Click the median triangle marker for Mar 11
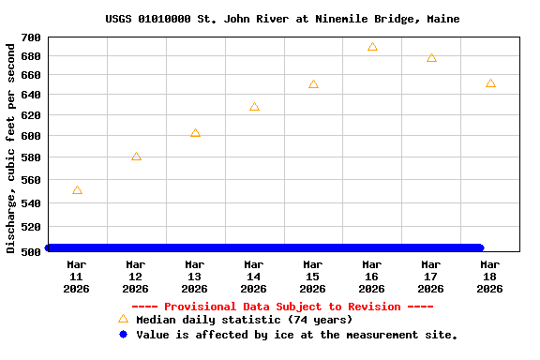[77, 190]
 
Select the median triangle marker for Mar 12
[136, 157]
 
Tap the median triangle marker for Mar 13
[195, 133]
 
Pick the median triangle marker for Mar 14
[254, 107]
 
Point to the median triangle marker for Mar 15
[313, 84]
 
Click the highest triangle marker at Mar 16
[372, 47]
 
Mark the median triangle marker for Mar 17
[431, 58]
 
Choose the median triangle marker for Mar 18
[490, 83]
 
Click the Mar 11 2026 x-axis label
[77, 277]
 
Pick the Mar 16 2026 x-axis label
[372, 277]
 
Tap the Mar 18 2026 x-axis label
[490, 277]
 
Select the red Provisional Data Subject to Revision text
[282, 307]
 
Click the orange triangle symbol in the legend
[123, 319]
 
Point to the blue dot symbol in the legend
[123, 335]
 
